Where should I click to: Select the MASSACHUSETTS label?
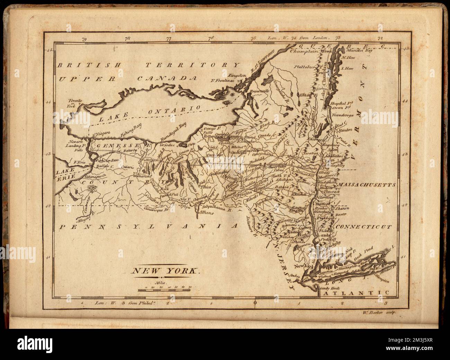pyautogui.click(x=367, y=185)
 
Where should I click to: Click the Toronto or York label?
pyautogui.click(x=75, y=103)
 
